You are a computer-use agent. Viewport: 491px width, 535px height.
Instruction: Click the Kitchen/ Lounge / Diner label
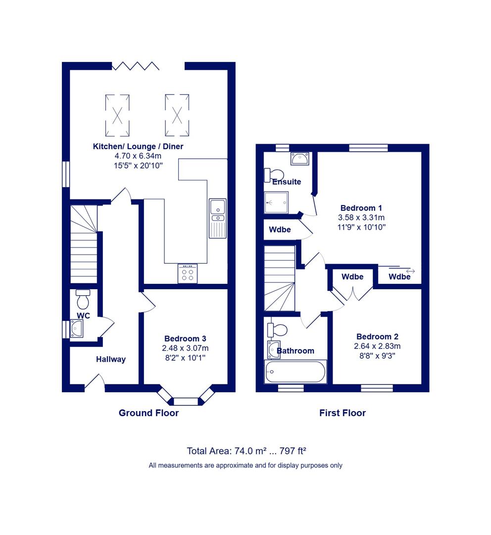[x=138, y=146]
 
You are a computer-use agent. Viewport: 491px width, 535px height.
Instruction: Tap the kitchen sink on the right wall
[x=218, y=218]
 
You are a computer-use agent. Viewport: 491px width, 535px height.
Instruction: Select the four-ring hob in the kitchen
[x=188, y=273]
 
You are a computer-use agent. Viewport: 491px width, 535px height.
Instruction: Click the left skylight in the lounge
[x=117, y=115]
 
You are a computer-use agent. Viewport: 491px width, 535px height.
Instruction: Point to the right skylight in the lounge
[x=177, y=115]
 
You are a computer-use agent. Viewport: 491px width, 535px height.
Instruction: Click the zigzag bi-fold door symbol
[x=136, y=66]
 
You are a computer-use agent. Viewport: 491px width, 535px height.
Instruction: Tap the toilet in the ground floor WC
[x=83, y=299]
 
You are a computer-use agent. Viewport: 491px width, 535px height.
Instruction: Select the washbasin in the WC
[x=76, y=328]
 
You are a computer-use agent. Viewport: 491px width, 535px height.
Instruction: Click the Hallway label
[x=111, y=359]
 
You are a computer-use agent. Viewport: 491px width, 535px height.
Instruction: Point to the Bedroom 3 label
[x=185, y=338]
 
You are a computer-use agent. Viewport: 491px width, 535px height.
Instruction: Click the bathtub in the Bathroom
[x=295, y=372]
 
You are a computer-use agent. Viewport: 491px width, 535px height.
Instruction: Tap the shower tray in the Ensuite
[x=276, y=202]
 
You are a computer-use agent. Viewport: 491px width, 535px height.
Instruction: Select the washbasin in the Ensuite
[x=300, y=159]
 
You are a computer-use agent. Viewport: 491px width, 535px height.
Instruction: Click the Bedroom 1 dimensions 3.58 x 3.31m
[x=361, y=217]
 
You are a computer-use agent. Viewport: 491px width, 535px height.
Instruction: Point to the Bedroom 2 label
[x=378, y=336]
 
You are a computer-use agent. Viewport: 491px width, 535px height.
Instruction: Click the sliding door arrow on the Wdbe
[x=410, y=271]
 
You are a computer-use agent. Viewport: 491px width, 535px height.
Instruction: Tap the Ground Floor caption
[x=148, y=413]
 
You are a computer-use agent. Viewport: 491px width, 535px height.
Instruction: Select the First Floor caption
[x=343, y=413]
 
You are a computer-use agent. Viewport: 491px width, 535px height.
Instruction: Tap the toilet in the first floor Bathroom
[x=277, y=330]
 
